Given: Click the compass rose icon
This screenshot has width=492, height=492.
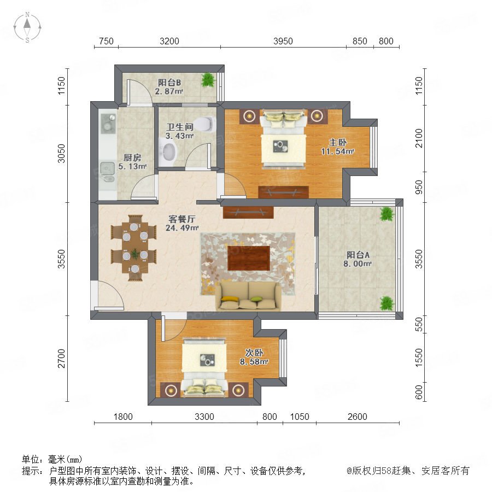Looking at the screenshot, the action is click(x=27, y=27).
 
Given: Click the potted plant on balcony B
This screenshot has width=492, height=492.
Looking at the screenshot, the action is click(x=208, y=80).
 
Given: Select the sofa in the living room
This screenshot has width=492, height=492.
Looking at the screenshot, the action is click(x=248, y=295).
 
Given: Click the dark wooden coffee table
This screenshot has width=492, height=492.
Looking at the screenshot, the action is click(x=249, y=258).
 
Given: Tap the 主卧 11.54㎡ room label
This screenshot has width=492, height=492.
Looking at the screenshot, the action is click(x=338, y=147).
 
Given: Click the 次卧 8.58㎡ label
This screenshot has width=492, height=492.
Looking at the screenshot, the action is click(x=254, y=357).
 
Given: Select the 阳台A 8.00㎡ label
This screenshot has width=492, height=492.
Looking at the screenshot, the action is click(x=358, y=259).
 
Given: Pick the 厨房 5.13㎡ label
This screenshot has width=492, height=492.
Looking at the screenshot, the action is click(x=132, y=162).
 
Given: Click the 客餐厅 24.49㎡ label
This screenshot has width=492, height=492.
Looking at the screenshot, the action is click(x=182, y=223).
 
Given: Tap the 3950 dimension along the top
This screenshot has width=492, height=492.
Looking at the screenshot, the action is click(x=283, y=41).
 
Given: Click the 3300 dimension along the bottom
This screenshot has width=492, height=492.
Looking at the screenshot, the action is click(x=204, y=417).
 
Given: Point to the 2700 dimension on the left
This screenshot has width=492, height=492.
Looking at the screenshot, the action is click(x=61, y=358).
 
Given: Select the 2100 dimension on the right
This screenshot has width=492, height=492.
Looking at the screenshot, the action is click(x=419, y=138).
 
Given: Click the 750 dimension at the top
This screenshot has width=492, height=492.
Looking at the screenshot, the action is click(x=106, y=41).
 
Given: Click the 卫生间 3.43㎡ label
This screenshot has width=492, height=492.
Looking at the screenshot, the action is click(x=180, y=131).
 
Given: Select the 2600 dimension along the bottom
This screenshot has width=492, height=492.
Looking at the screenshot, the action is click(x=358, y=417).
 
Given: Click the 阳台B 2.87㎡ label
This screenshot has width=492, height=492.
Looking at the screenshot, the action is click(x=169, y=87).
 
